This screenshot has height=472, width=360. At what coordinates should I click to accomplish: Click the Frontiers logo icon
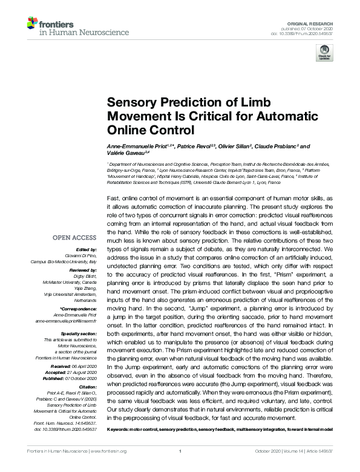[32, 24]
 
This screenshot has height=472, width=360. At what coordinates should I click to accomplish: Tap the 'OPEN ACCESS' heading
[74, 237]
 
